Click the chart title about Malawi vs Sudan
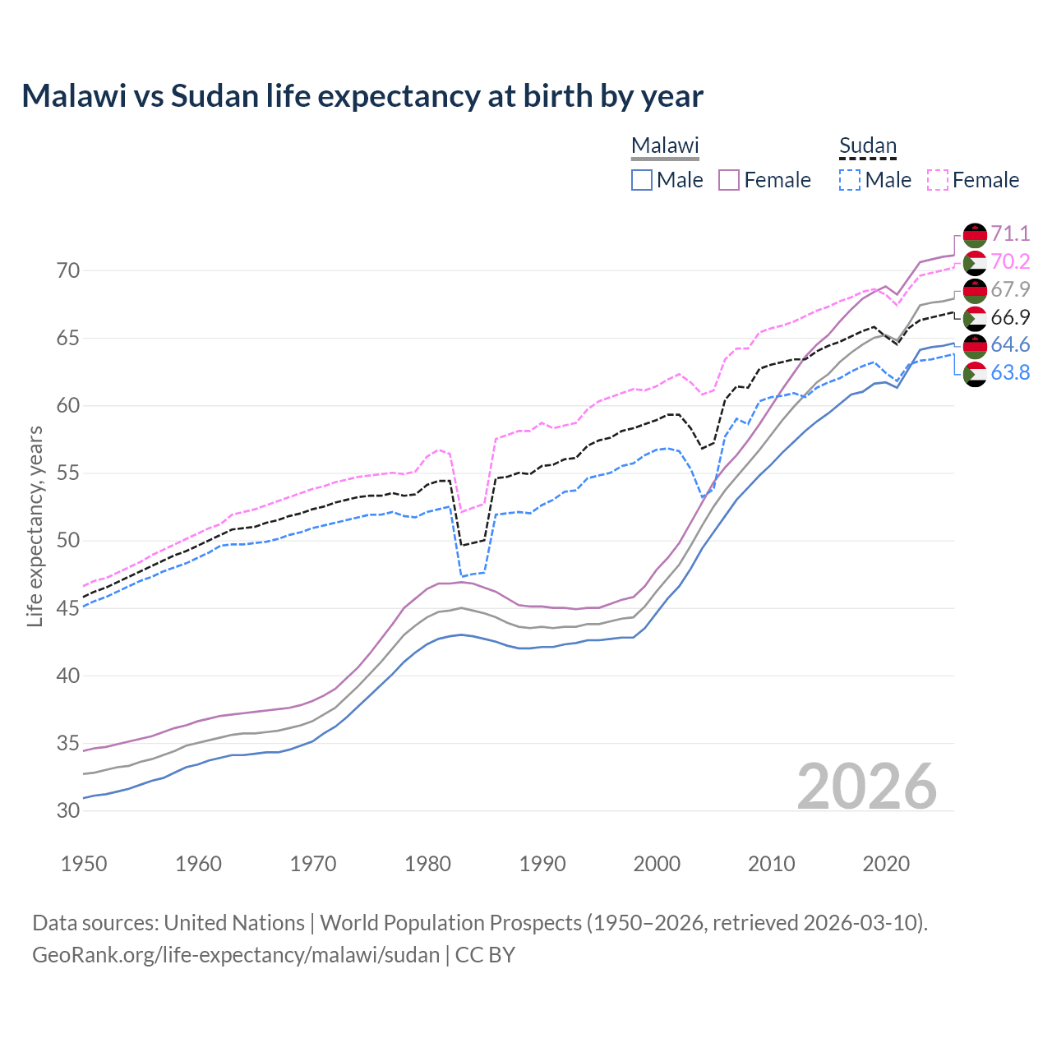362,96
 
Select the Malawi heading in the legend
665,145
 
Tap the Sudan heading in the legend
867,145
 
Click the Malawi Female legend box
730,180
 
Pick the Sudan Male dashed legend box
850,180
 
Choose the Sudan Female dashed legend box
938,180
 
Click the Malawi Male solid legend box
642,180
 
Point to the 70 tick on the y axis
67,270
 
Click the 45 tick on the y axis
67,608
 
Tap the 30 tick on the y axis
67,810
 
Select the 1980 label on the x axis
427,864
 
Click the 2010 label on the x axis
771,864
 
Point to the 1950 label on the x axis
84,864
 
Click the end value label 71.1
1010,233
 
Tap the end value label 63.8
1010,372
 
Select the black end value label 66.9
1010,317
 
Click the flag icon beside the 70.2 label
975,262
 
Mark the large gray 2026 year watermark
867,787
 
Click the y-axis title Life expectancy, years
35,526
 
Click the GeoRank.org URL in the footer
236,955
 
